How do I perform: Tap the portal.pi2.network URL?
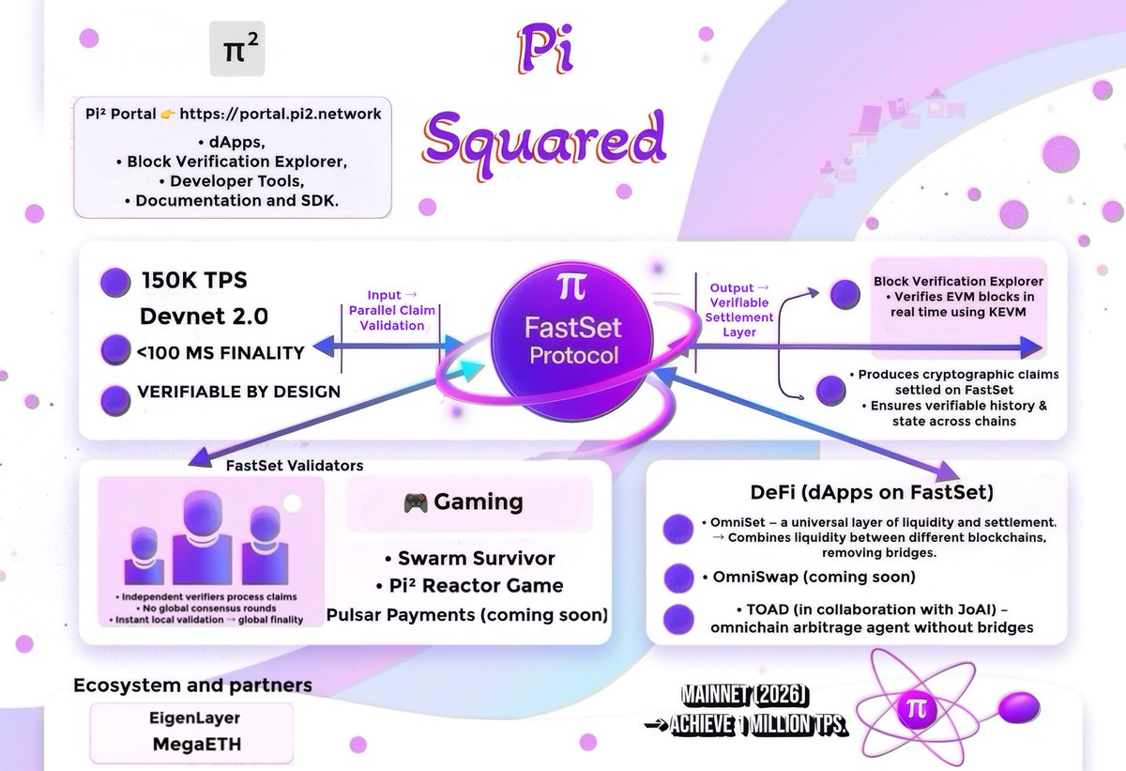point(281,114)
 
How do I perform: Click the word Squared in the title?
point(544,138)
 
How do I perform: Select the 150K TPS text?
point(194,281)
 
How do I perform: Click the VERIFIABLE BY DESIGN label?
point(239,392)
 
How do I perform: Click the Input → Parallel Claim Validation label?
point(388,311)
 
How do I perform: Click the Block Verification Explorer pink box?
point(958,301)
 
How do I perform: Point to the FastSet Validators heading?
point(295,465)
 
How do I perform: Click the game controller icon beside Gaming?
point(416,503)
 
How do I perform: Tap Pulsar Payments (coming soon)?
point(467,615)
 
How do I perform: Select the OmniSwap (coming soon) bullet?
point(808,577)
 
